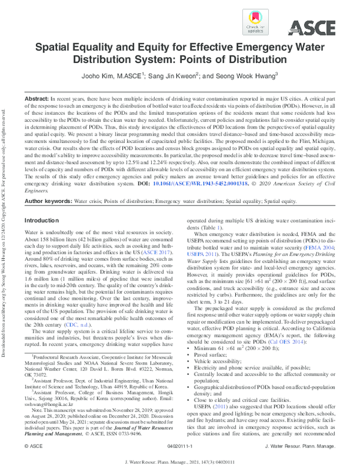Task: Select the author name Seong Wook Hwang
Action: pyautogui.click(x=244, y=76)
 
